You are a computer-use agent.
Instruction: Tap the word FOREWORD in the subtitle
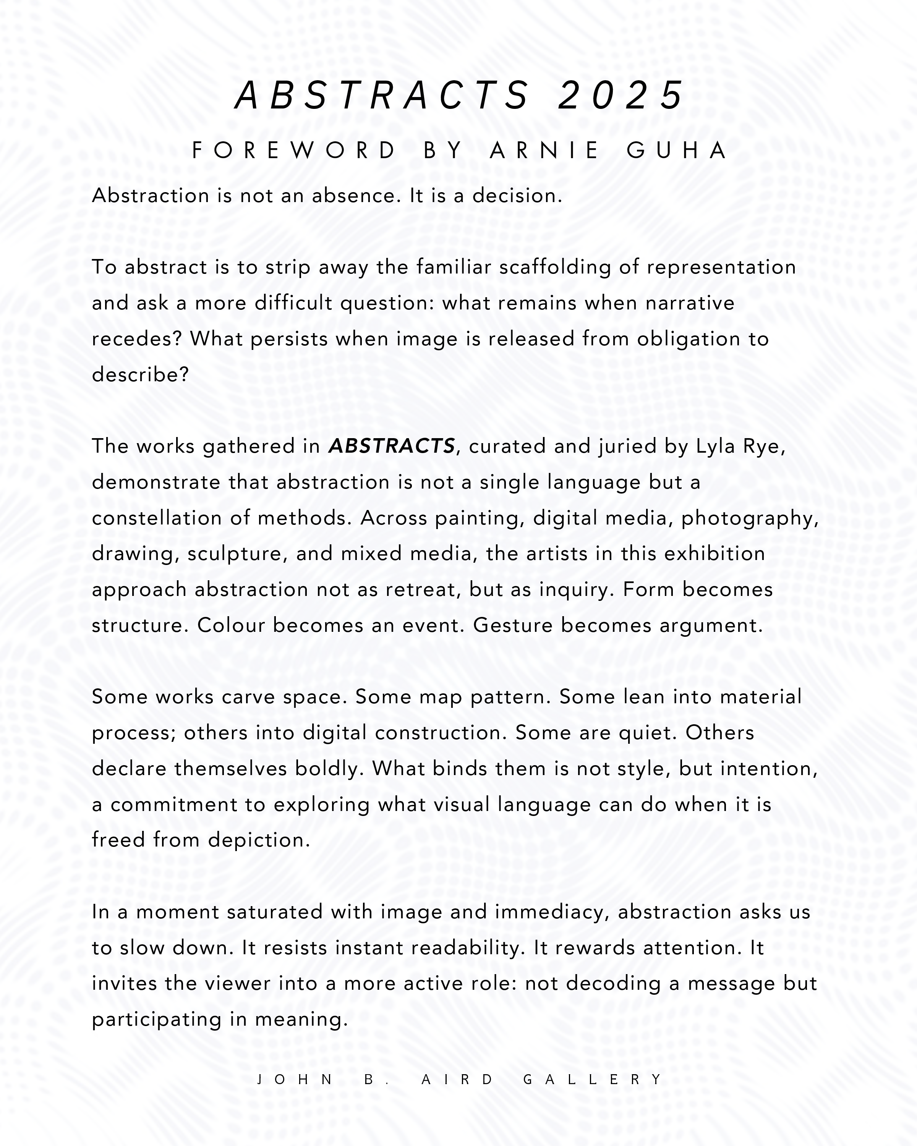(294, 151)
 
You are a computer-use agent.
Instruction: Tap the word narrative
(690, 303)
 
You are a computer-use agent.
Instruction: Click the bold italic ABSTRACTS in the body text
(392, 446)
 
